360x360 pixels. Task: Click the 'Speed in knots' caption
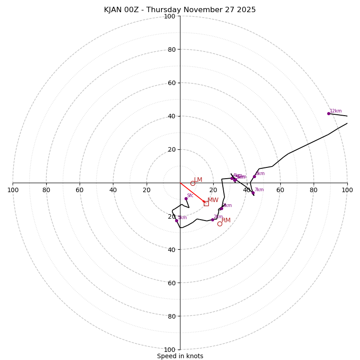[180, 356]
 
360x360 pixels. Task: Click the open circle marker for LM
[193, 183]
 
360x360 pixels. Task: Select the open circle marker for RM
[220, 224]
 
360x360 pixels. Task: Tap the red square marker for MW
[206, 203]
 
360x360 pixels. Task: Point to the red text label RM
[226, 220]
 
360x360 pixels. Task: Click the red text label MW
[213, 200]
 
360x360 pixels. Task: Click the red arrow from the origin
[192, 193]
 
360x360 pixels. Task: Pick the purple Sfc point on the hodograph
[186, 198]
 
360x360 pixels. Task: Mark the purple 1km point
[176, 220]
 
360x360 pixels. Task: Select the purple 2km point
[212, 220]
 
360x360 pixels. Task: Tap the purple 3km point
[221, 208]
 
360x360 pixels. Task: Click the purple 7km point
[253, 193]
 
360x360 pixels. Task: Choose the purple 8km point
[254, 176]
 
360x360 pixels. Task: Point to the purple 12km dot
[328, 113]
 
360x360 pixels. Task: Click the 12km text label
[336, 111]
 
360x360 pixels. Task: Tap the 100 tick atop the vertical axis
[170, 16]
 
